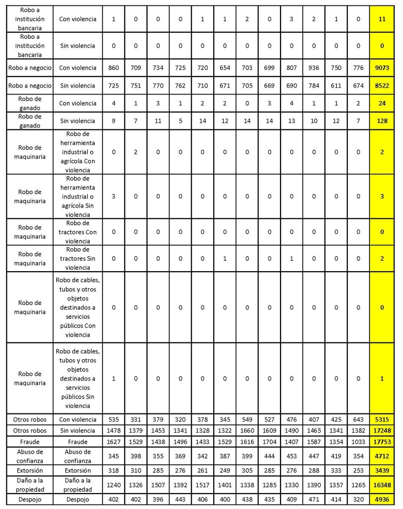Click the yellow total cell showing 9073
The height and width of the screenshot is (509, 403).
tap(382, 67)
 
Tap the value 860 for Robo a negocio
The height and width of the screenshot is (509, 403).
tap(114, 67)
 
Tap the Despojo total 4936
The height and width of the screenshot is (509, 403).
tap(382, 501)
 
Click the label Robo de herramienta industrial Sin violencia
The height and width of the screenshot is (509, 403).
tap(77, 196)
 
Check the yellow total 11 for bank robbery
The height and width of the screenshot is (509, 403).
tap(382, 19)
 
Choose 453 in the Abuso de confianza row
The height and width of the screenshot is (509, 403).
tap(291, 457)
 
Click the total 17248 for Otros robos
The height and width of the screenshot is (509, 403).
tap(382, 431)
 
